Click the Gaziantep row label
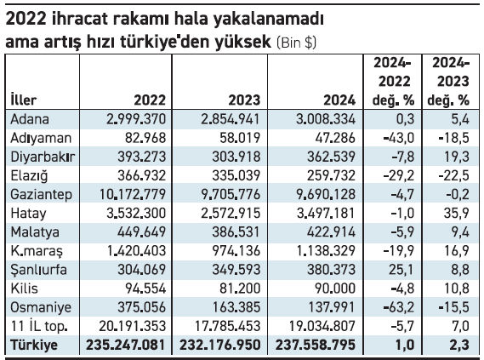coord(41,195)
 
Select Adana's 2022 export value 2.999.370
coord(136,119)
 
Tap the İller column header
coord(24,100)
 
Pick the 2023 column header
coord(244,100)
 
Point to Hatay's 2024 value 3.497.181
coord(327,214)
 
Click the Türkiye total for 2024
coord(316,345)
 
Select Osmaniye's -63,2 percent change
coord(399,307)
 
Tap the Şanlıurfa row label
coord(38,270)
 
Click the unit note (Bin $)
coord(296,43)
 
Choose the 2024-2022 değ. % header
coord(394,82)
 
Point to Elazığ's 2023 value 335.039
coord(236,175)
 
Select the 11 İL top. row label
coord(39,326)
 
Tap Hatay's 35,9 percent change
coord(457,214)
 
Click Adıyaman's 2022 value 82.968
coord(145,138)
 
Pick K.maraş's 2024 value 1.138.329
coord(326,251)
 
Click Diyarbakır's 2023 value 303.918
coord(236,157)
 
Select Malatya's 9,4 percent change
coord(460,231)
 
